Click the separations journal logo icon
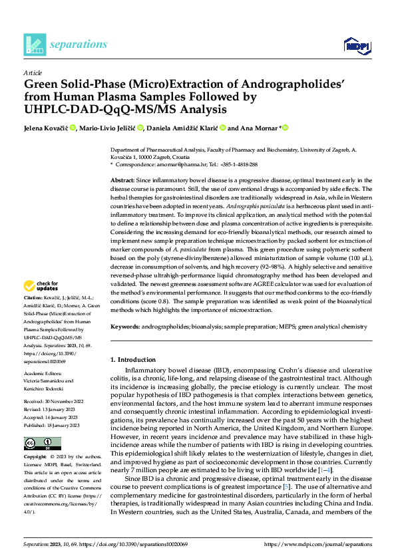[34, 44]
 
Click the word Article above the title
[33, 72]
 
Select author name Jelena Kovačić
[45, 128]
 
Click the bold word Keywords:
[125, 326]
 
